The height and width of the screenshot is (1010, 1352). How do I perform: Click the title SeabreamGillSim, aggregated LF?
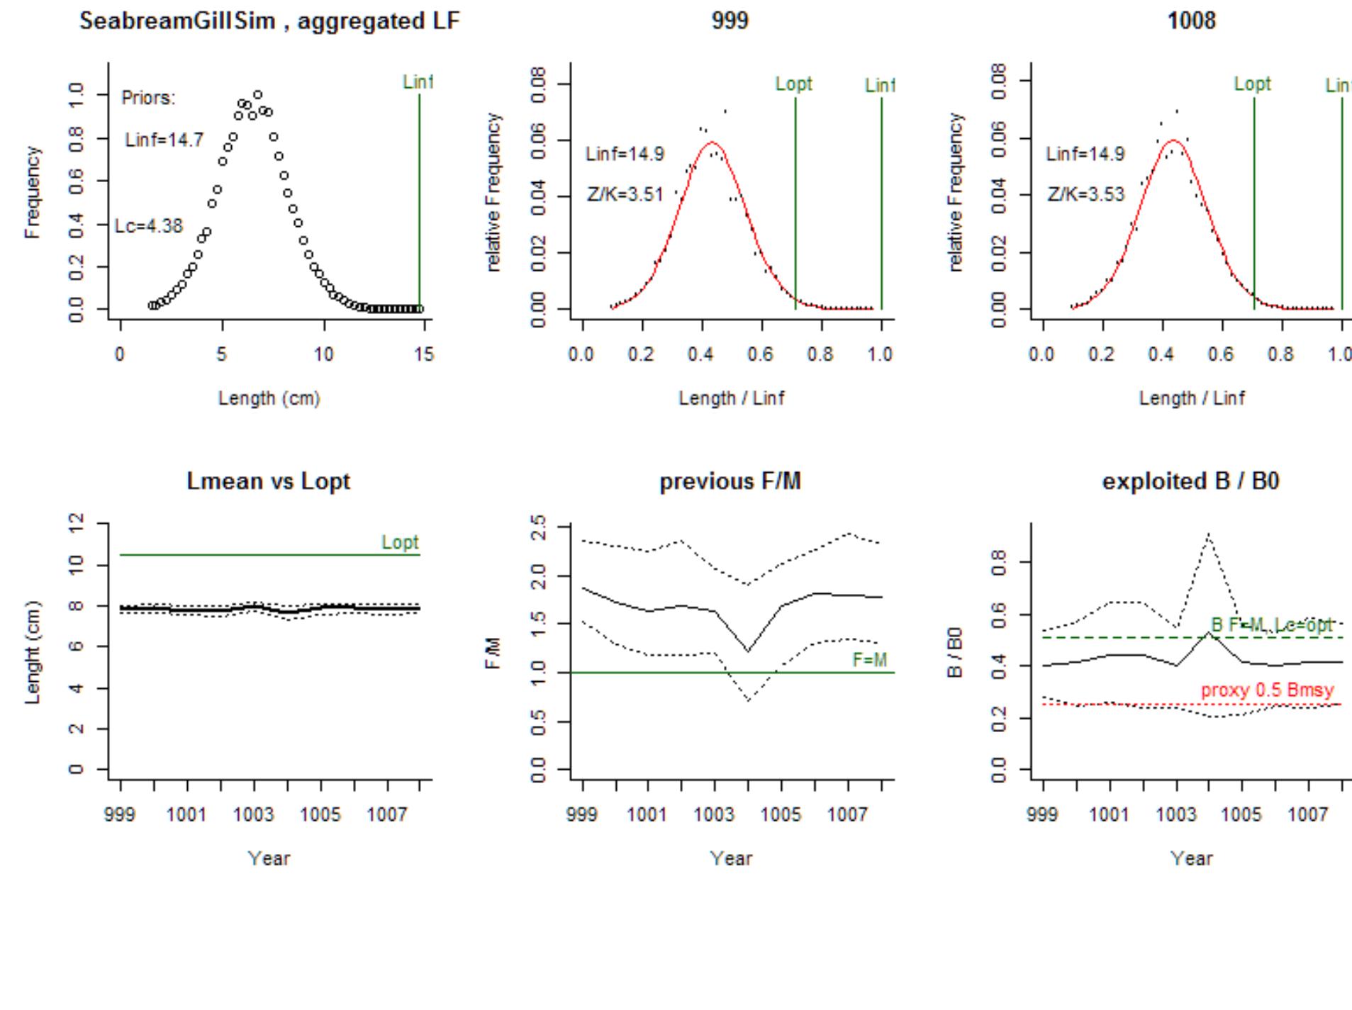[x=269, y=21]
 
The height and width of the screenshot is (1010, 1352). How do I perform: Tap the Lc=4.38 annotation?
[x=149, y=226]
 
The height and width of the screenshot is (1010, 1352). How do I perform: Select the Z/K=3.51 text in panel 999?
[x=625, y=194]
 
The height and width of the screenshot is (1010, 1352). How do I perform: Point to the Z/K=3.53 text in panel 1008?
[x=1085, y=194]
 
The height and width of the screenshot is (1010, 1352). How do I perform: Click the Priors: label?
[x=148, y=98]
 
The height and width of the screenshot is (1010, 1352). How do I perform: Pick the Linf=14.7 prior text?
[x=164, y=140]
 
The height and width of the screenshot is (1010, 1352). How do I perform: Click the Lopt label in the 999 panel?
[x=793, y=84]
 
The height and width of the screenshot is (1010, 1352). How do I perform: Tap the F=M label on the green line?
[x=869, y=660]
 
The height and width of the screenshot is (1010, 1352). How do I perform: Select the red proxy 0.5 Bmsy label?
[x=1267, y=690]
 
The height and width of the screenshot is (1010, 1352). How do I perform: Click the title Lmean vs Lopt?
[x=269, y=481]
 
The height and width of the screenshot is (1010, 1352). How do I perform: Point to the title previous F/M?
[x=730, y=481]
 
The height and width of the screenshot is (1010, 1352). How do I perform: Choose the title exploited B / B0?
[x=1190, y=481]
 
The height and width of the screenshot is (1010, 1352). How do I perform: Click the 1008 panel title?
[x=1191, y=21]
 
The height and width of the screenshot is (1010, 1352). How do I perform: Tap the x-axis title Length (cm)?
[x=269, y=398]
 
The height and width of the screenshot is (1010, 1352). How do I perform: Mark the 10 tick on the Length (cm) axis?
[x=324, y=354]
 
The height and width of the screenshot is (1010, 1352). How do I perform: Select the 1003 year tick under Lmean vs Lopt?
[x=254, y=815]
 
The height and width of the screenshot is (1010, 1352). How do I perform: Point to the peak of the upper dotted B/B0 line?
[x=1208, y=534]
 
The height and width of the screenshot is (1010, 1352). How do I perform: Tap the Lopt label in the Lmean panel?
[x=400, y=542]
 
